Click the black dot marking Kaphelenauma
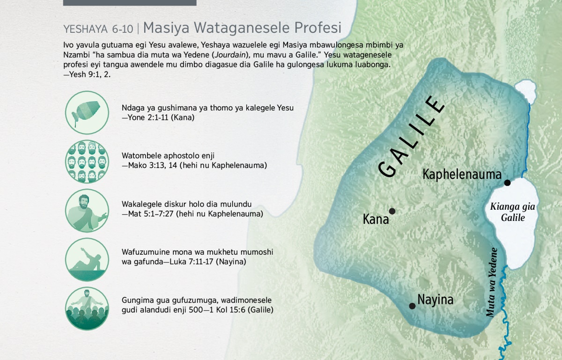pyautogui.click(x=507, y=183)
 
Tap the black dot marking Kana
pyautogui.click(x=392, y=211)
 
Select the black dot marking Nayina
pyautogui.click(x=412, y=306)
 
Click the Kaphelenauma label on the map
pyautogui.click(x=462, y=174)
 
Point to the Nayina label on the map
pyautogui.click(x=435, y=300)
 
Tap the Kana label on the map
pyautogui.click(x=376, y=220)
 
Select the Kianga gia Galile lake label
pyautogui.click(x=512, y=212)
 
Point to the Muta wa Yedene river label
pyautogui.click(x=491, y=282)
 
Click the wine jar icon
pyautogui.click(x=87, y=113)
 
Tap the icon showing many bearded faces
pyautogui.click(x=87, y=162)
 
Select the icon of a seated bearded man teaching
pyautogui.click(x=87, y=210)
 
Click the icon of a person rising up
pyautogui.click(x=87, y=259)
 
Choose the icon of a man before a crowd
pyautogui.click(x=87, y=309)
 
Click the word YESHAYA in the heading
pyautogui.click(x=86, y=29)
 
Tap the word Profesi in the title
pyautogui.click(x=318, y=27)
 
